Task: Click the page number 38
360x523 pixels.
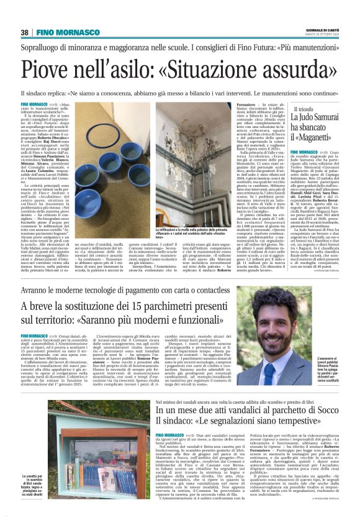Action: pyautogui.click(x=25, y=32)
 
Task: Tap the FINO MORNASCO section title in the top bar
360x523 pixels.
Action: pyautogui.click(x=66, y=32)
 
